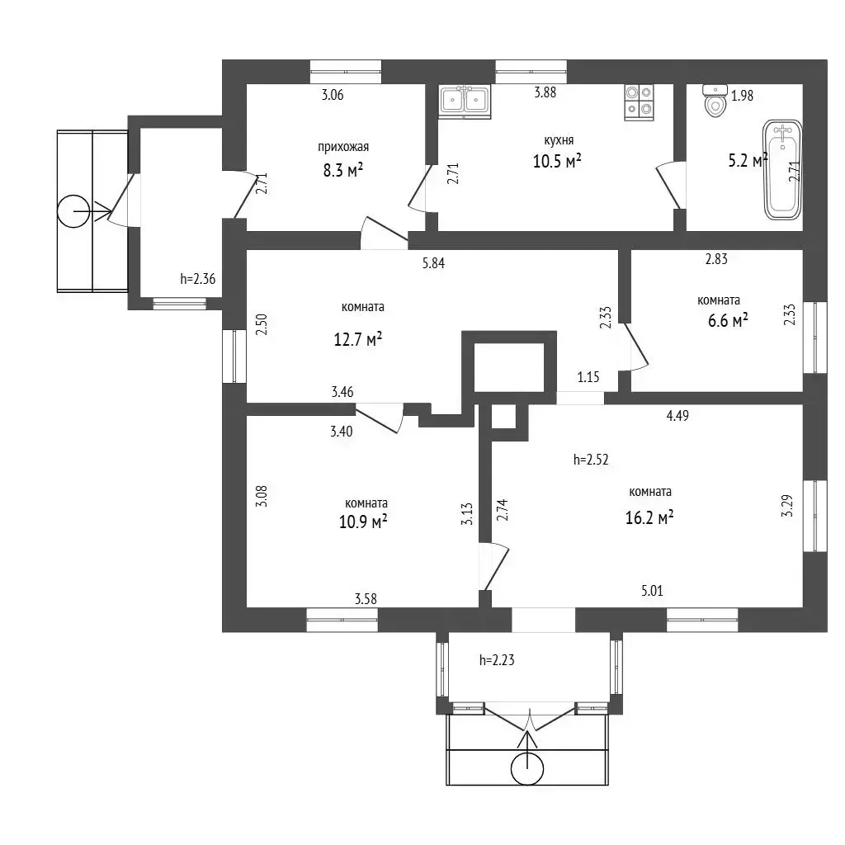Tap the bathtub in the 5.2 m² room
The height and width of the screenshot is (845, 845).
pos(782,170)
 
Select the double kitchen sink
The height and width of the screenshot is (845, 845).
pos(465,101)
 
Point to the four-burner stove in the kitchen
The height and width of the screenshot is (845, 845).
pos(640,102)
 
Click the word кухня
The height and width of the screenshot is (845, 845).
pos(559,140)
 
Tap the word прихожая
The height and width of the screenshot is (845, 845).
pos(343,147)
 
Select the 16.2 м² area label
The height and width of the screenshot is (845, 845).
pos(649,517)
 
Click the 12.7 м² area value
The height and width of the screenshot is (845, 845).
pos(358,339)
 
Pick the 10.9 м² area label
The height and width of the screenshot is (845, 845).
pos(363,522)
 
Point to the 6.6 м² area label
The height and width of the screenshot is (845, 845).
pos(728,321)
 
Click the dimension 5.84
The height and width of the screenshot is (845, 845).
pos(433,263)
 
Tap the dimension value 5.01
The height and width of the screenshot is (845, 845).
pos(652,591)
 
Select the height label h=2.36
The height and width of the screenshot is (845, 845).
pos(198,279)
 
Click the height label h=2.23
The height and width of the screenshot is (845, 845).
pos(497,659)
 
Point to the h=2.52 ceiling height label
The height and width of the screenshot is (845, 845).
pos(591,459)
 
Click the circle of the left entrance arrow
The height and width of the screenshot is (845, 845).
pos(73,211)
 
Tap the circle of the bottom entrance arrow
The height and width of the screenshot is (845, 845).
pos(527,768)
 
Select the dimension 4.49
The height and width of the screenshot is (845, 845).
pos(677,416)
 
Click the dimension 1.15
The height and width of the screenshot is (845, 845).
pos(588,376)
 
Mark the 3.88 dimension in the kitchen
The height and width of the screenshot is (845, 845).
pos(545,92)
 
